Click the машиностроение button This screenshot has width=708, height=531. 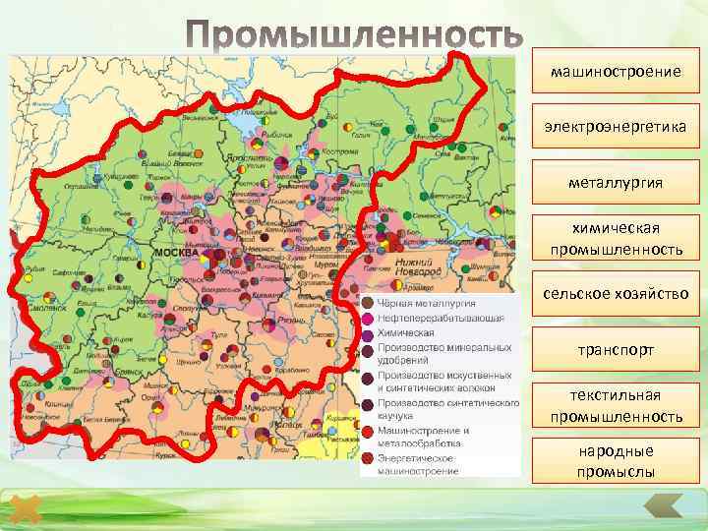[616, 71]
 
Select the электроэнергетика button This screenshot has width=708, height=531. [616, 127]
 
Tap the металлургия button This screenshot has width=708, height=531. [616, 182]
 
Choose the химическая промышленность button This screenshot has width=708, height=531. [616, 239]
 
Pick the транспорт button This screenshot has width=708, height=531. [616, 349]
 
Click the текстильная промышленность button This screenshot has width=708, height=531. [616, 406]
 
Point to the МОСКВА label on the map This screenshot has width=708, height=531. [174, 253]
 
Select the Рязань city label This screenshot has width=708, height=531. [294, 321]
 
